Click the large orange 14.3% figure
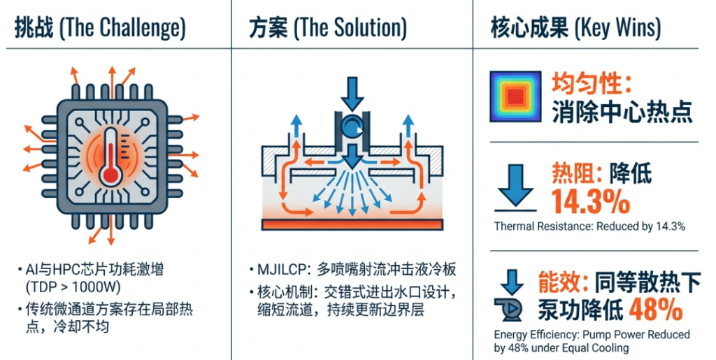coord(590,201)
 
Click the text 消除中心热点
coord(622,111)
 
